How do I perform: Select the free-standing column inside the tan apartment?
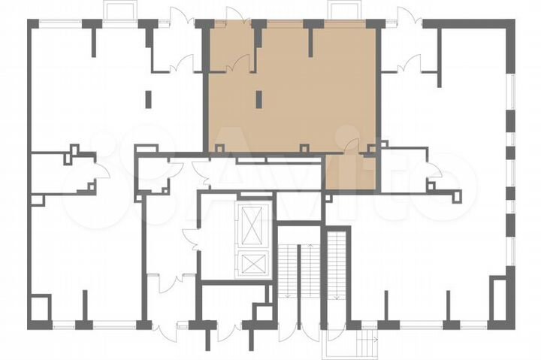(x=258, y=98)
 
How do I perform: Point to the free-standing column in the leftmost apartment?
(x=147, y=98)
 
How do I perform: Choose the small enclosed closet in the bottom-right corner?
(x=499, y=301)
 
